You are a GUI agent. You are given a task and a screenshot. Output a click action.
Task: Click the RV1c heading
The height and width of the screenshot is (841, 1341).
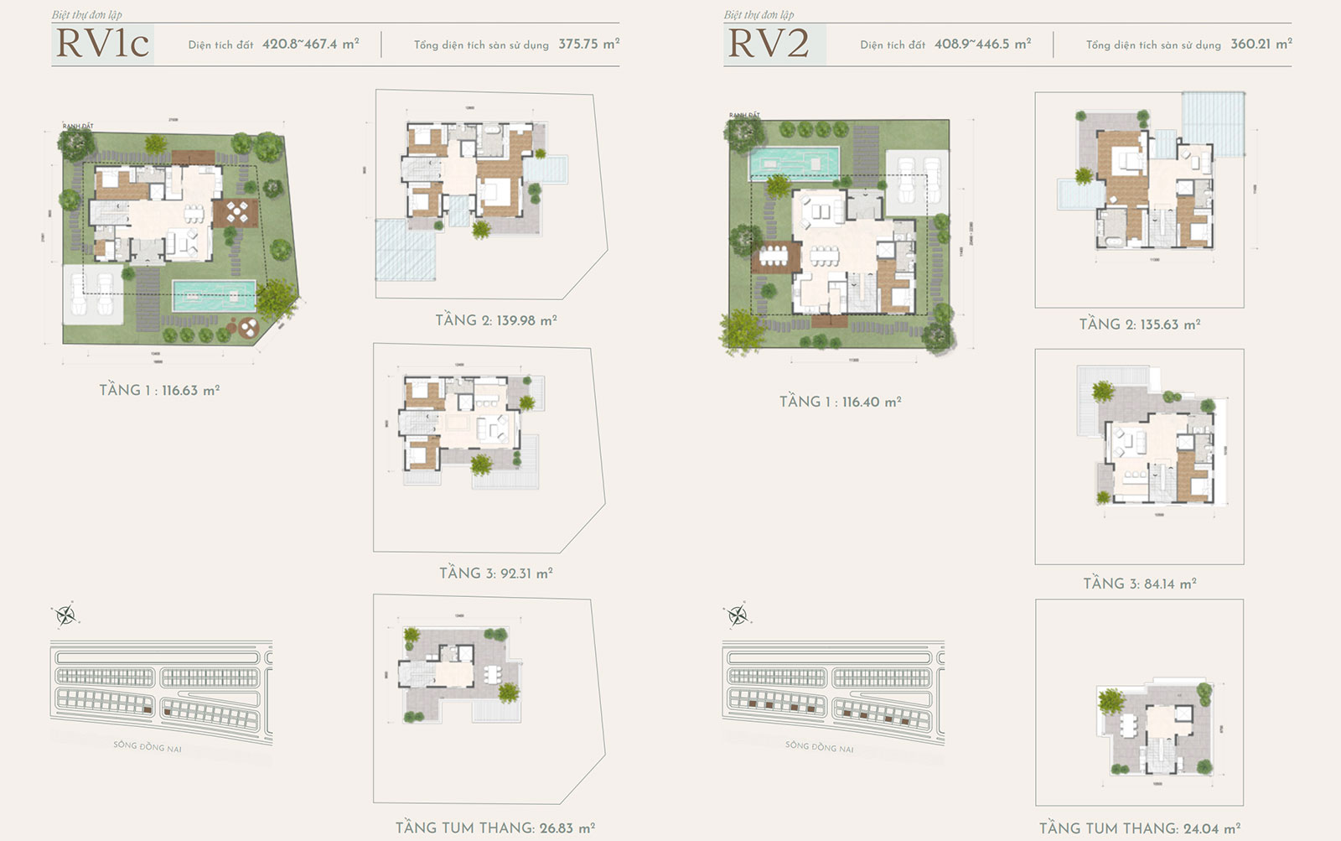(x=102, y=44)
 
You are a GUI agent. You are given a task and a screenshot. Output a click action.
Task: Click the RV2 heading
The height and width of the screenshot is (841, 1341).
(x=769, y=44)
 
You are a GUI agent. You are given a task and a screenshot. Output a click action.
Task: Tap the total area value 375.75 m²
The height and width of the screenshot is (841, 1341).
(x=588, y=44)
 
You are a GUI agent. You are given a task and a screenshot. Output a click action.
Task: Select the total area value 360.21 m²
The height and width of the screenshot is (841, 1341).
(x=1261, y=44)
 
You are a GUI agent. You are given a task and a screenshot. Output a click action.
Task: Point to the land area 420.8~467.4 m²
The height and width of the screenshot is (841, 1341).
(x=310, y=44)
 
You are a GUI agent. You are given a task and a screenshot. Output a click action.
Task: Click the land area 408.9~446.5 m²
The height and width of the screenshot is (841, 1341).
(x=982, y=44)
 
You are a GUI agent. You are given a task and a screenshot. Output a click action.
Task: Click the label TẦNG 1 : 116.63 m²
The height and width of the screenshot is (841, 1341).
(x=159, y=390)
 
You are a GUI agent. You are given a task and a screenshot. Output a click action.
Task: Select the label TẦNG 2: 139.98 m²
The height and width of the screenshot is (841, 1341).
(x=496, y=320)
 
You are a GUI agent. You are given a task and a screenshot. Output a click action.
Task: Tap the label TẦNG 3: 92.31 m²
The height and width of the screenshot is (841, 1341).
(x=496, y=574)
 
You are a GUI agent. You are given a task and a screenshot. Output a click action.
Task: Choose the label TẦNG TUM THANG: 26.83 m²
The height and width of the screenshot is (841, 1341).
(x=495, y=828)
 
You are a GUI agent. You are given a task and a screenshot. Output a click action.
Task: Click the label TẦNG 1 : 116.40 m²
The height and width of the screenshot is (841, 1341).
(x=840, y=402)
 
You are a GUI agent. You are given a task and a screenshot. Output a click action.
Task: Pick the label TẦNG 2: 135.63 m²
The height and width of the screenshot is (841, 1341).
(x=1139, y=324)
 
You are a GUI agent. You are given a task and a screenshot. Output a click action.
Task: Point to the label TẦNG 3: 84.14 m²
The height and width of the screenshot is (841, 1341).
(x=1139, y=584)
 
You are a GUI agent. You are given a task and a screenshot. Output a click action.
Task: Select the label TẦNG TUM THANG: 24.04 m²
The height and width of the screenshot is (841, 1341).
(x=1139, y=828)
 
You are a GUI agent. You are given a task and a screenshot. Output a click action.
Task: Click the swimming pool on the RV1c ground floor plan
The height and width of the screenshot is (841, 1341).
(x=215, y=294)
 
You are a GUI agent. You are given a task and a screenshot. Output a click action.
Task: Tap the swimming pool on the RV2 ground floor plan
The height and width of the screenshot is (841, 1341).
(x=793, y=163)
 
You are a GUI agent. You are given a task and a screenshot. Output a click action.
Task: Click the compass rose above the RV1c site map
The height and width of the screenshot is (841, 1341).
(x=65, y=616)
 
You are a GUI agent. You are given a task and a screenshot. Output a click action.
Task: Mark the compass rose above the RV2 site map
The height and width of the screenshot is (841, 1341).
(x=738, y=616)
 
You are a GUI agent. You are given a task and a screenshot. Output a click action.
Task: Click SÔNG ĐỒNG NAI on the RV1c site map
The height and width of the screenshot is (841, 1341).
(x=148, y=745)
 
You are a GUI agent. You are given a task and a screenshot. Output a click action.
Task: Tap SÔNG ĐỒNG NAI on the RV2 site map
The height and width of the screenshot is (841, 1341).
(x=819, y=745)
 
